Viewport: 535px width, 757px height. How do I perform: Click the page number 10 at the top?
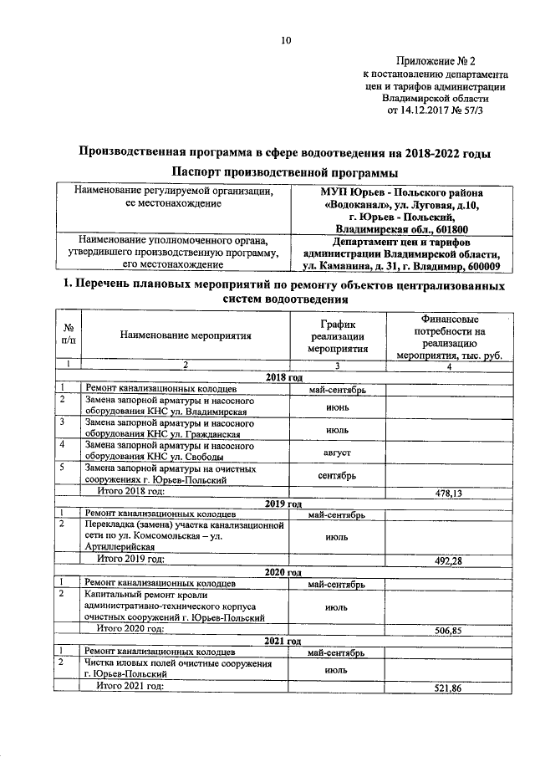click(x=286, y=40)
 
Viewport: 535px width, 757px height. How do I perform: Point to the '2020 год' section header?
click(x=283, y=571)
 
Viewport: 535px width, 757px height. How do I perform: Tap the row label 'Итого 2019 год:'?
click(x=131, y=560)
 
